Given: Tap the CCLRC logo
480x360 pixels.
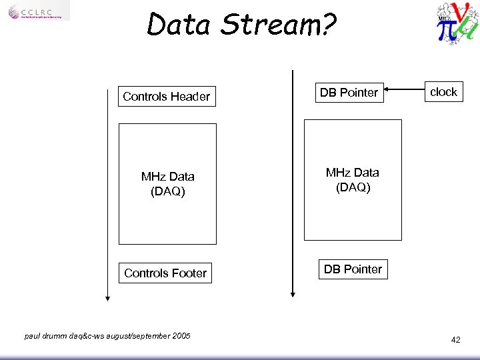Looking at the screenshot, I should [x=39, y=11].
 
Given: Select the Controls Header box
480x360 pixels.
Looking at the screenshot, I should [x=166, y=97].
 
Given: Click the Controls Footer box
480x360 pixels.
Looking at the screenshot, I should [x=165, y=273].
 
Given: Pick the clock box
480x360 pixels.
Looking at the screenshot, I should [x=443, y=92].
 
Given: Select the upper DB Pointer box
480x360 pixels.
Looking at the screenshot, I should [x=349, y=93].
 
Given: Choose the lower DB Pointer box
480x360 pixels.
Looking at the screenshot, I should [x=353, y=269].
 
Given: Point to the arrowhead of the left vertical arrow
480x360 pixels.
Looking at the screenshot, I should [x=107, y=298].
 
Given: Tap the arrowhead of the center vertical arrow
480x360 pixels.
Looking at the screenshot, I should [x=292, y=293].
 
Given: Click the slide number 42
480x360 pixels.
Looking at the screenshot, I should [x=455, y=340].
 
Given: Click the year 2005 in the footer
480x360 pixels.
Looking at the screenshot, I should [x=181, y=336].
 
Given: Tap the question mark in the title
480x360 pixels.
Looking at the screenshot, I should [x=329, y=25].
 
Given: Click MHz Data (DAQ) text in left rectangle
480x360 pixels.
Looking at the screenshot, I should [x=167, y=184].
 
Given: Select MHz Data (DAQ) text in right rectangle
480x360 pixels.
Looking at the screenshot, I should [x=353, y=180].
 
